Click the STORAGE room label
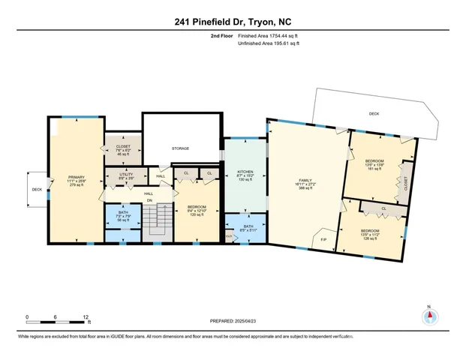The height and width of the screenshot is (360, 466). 180,149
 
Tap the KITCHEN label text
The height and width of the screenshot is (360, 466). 245,172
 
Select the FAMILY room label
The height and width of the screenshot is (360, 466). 305,181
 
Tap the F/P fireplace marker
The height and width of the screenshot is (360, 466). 323,239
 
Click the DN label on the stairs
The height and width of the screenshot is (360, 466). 149,201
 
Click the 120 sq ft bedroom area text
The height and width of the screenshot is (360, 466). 197,214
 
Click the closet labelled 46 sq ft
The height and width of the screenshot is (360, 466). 122,153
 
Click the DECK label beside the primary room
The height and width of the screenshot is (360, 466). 36,190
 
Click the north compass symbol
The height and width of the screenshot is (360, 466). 429,316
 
